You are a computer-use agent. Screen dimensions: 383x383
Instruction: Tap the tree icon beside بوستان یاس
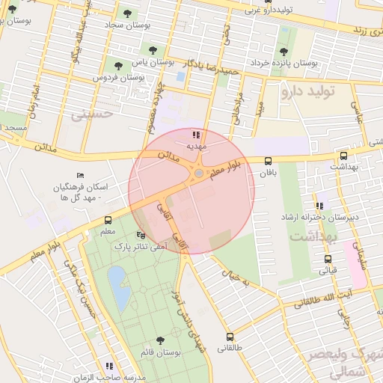[153, 51]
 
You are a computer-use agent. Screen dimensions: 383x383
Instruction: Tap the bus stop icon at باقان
[268, 160]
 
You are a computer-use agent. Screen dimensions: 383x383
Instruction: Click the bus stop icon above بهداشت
[343, 156]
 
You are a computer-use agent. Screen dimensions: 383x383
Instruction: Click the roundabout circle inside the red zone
[197, 174]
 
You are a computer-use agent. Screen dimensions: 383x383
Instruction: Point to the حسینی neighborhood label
[91, 114]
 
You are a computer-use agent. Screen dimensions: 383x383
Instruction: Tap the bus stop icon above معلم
[108, 221]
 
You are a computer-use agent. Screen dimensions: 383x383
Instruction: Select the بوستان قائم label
[160, 351]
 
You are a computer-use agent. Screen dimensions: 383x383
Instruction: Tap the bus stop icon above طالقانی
[230, 337]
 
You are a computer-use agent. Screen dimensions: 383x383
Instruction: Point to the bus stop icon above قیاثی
[328, 259]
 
